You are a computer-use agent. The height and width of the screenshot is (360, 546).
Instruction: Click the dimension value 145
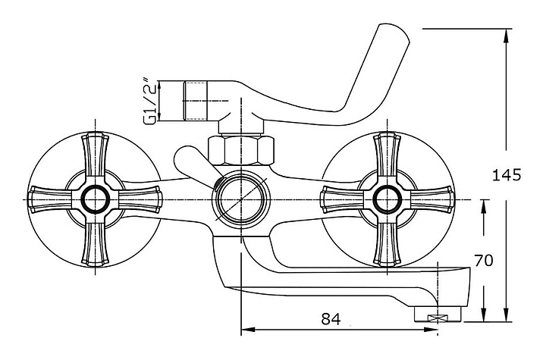(x=506, y=175)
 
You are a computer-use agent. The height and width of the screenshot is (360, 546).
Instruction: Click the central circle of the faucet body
(x=240, y=200)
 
